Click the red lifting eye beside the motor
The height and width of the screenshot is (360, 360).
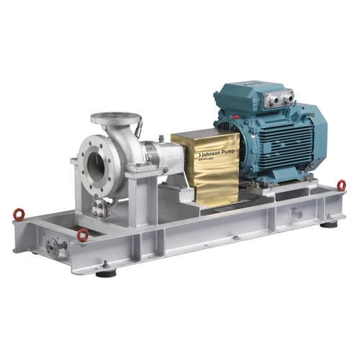pos(341,185)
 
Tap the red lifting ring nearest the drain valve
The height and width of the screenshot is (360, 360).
pos(83,234)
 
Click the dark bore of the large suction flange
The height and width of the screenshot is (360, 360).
pos(95,168)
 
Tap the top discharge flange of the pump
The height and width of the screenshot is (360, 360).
pos(114,118)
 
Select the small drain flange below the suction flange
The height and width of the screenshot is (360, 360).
pos(99,208)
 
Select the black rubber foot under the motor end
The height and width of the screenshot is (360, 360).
pos(329,225)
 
